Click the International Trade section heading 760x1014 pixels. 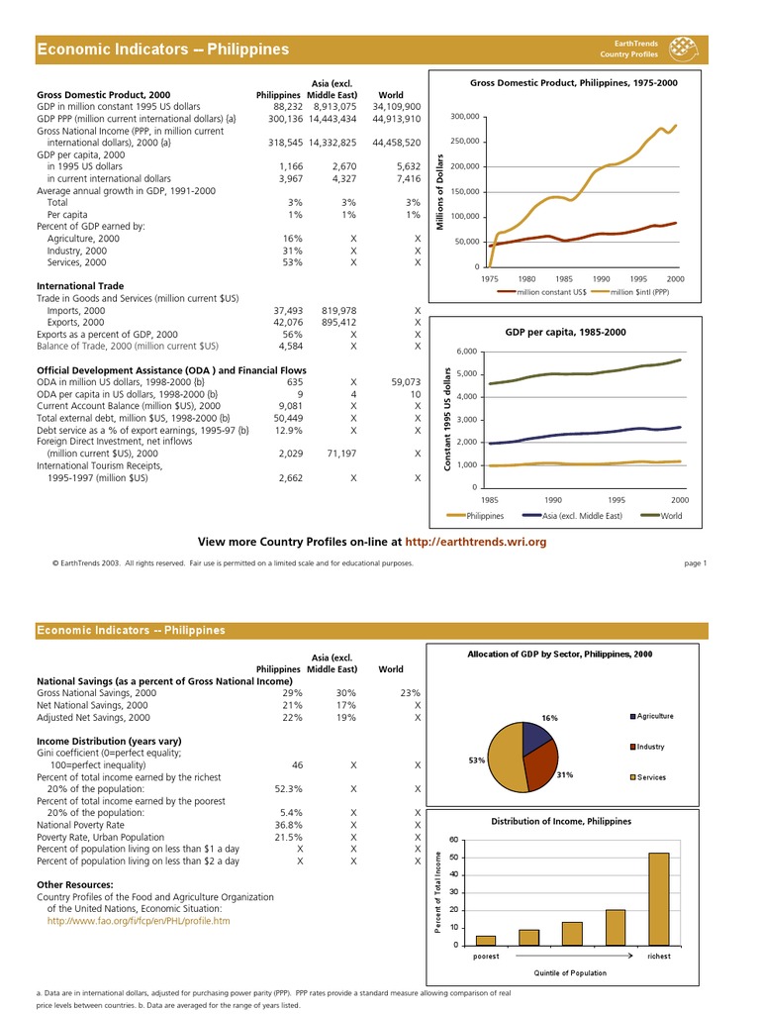point(80,285)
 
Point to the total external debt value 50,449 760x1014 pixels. point(287,418)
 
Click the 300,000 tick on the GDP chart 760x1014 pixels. point(464,117)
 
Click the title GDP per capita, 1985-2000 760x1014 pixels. point(565,332)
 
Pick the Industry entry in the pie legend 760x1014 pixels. point(650,747)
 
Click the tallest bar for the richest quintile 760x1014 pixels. point(658,898)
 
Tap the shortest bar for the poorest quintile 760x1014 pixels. point(486,940)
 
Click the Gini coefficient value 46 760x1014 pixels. point(297,765)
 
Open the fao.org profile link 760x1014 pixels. point(139,920)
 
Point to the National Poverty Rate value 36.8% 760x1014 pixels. point(288,824)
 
